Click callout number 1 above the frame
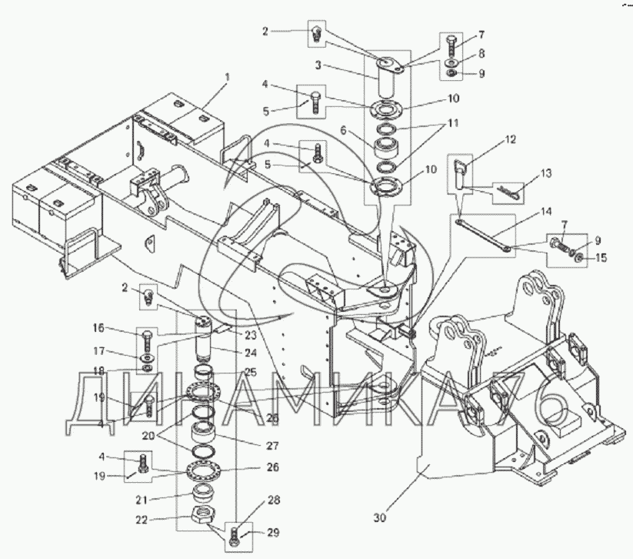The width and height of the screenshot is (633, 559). tap(228, 77)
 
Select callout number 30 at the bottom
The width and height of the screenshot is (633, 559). tap(380, 517)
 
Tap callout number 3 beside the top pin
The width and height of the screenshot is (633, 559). tap(318, 65)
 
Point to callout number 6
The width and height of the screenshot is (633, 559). tap(344, 130)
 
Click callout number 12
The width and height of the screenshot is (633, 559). tap(510, 139)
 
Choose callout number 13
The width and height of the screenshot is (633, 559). tap(546, 173)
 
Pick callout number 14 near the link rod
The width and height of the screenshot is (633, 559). tap(546, 212)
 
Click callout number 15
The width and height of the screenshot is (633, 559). tap(601, 257)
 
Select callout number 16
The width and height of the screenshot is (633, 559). tap(98, 328)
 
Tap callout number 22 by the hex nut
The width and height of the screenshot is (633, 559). tap(142, 520)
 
